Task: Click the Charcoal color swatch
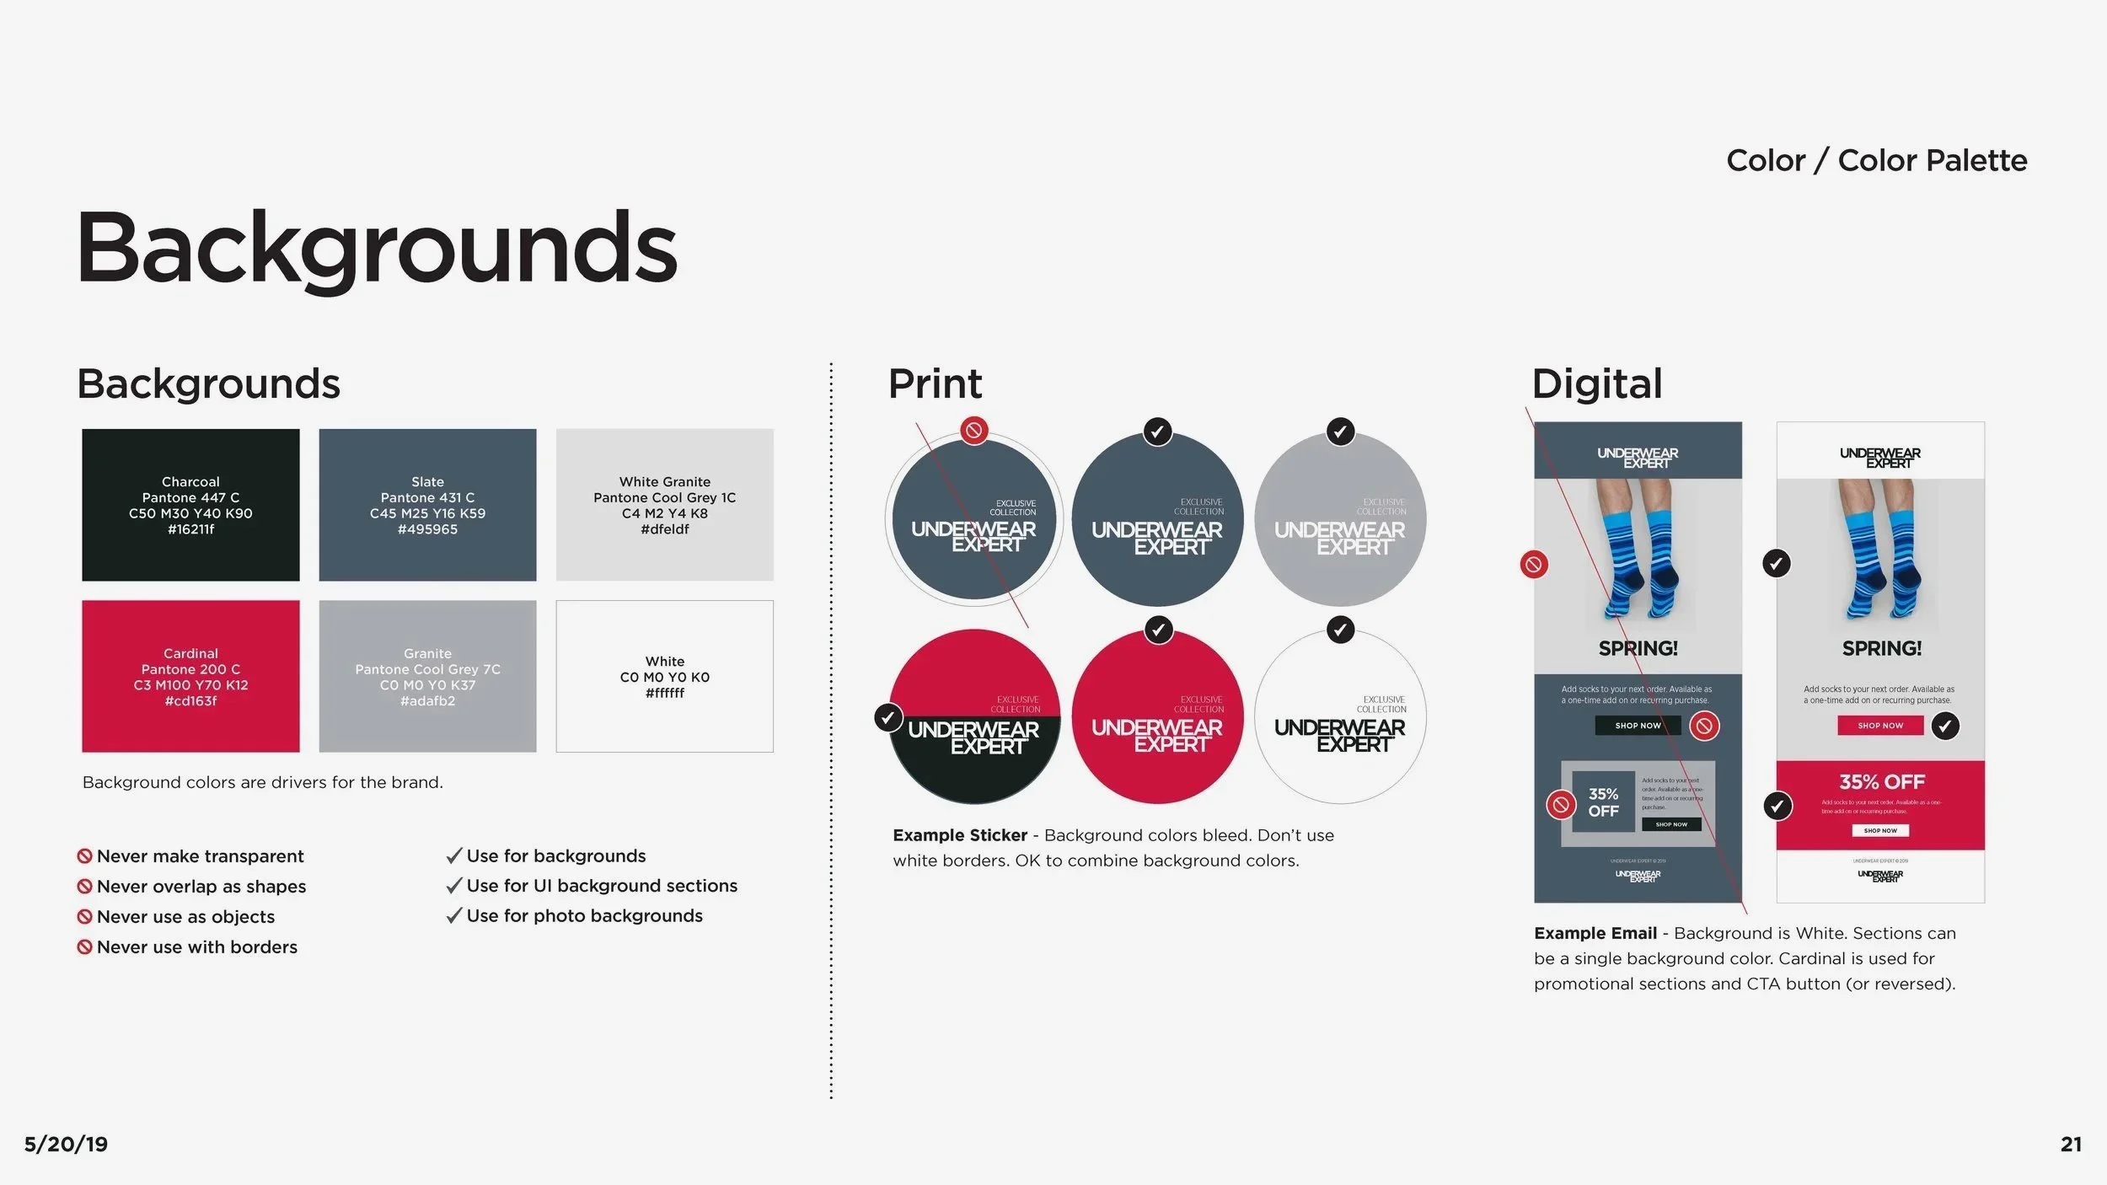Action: click(x=190, y=504)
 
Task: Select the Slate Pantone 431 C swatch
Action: click(x=427, y=504)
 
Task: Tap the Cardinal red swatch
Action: click(x=190, y=676)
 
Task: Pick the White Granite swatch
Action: click(x=664, y=504)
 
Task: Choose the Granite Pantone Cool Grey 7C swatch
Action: click(x=427, y=676)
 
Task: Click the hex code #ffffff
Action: click(x=664, y=693)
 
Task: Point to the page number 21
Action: click(x=2070, y=1144)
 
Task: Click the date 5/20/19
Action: click(x=66, y=1144)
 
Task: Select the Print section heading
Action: click(x=935, y=383)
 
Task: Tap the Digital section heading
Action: click(x=1596, y=383)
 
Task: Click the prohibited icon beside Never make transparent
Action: click(x=84, y=856)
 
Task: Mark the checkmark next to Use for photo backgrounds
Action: click(x=454, y=915)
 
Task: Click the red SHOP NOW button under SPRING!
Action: click(x=1880, y=726)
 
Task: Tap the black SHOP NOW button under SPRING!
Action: click(x=1638, y=726)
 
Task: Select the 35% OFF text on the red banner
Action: click(x=1881, y=782)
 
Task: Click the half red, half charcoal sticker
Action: click(x=974, y=716)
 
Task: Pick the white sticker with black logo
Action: click(x=1340, y=716)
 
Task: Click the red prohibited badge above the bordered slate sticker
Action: click(x=974, y=431)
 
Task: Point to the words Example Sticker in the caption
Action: click(x=960, y=835)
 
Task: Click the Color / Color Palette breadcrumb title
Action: click(x=1876, y=160)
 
